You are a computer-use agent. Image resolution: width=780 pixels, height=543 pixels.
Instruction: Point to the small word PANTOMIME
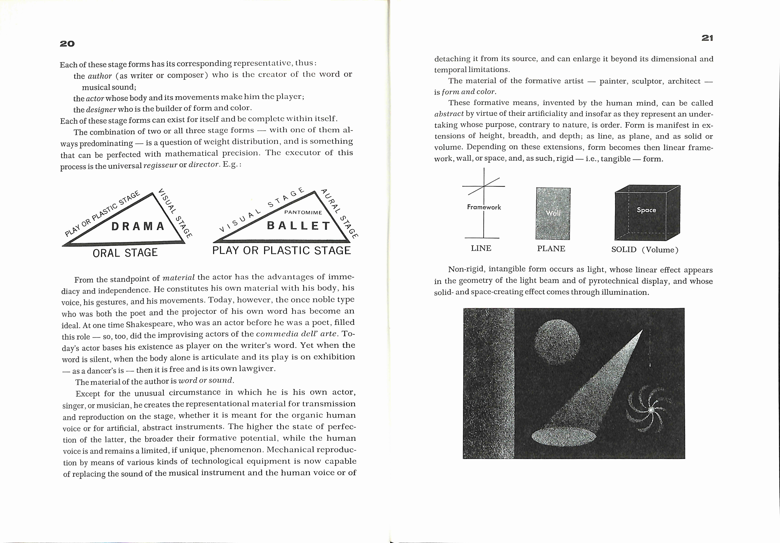click(x=303, y=212)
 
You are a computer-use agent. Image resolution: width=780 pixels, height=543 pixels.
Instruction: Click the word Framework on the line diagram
click(x=484, y=207)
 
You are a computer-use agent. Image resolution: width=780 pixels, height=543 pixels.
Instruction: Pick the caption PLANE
click(x=551, y=249)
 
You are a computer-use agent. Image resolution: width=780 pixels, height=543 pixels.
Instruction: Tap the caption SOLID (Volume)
click(x=644, y=250)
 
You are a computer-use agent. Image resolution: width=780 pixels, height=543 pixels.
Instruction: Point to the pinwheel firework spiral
click(x=649, y=410)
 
